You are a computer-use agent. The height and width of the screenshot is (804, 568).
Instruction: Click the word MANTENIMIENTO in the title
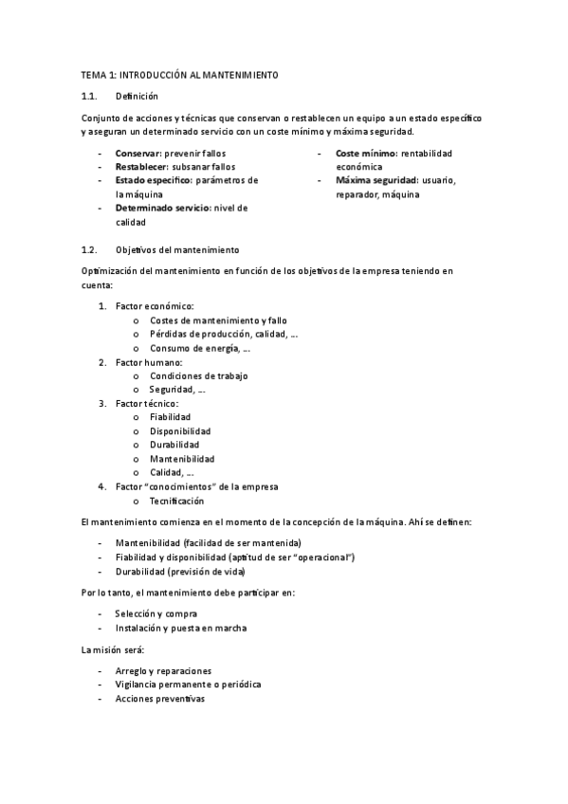click(240, 75)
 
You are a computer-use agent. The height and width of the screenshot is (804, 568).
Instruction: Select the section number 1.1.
click(90, 96)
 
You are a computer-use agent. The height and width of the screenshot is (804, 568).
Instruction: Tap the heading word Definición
click(137, 96)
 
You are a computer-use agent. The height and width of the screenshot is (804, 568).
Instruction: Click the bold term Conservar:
click(138, 153)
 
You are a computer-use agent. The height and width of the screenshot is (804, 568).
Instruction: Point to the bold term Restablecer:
click(141, 166)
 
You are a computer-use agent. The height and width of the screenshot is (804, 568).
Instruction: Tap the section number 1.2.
click(90, 249)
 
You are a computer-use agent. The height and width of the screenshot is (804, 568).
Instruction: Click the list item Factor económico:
click(155, 306)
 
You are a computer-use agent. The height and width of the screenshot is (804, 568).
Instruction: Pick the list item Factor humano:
click(150, 362)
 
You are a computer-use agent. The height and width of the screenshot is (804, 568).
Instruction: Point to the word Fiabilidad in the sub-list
click(170, 417)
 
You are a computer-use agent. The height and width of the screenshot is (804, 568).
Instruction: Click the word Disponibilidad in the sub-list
click(179, 431)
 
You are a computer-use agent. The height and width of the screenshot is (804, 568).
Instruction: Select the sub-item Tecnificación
click(176, 501)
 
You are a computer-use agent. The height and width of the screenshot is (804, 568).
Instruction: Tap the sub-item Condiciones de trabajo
click(198, 375)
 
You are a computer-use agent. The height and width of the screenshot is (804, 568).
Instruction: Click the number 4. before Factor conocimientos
click(102, 486)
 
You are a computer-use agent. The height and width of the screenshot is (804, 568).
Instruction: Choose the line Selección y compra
click(156, 613)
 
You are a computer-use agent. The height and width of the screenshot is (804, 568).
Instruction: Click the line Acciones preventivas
click(159, 698)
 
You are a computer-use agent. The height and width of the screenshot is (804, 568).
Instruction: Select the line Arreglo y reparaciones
click(163, 670)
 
